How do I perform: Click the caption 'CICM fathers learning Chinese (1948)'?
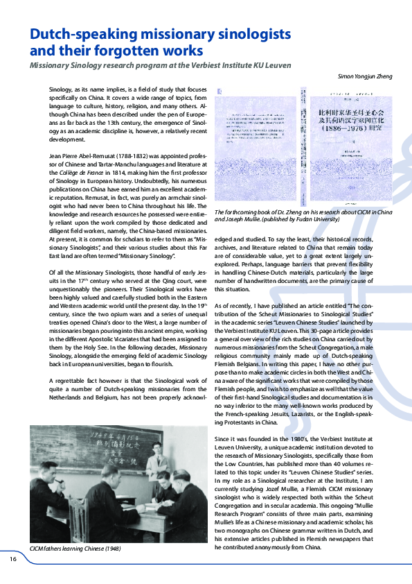75,548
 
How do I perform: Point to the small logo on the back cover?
220,92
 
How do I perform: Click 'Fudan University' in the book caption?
316,218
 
